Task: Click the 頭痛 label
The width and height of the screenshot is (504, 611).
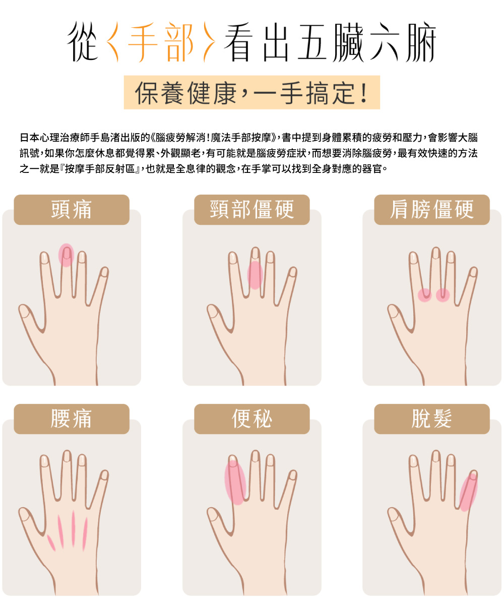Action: pos(71,210)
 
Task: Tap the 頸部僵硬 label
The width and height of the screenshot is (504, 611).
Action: pos(251,210)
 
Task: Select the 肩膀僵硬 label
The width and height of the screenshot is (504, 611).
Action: pos(432,210)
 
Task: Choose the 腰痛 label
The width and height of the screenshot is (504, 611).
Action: pos(71,419)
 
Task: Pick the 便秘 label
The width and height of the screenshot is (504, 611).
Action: pos(251,419)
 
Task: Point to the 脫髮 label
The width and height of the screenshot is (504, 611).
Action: pos(432,419)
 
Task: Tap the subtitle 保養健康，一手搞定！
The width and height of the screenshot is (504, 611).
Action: pos(251,93)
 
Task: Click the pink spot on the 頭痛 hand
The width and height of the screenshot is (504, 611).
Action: pos(66,255)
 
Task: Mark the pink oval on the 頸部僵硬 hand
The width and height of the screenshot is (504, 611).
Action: pos(255,275)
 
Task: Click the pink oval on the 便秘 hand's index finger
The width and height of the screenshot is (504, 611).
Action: pos(235,481)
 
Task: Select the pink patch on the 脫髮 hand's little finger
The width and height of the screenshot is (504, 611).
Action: pos(468,492)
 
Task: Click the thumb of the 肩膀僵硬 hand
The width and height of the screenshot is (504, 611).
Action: pos(398,315)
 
